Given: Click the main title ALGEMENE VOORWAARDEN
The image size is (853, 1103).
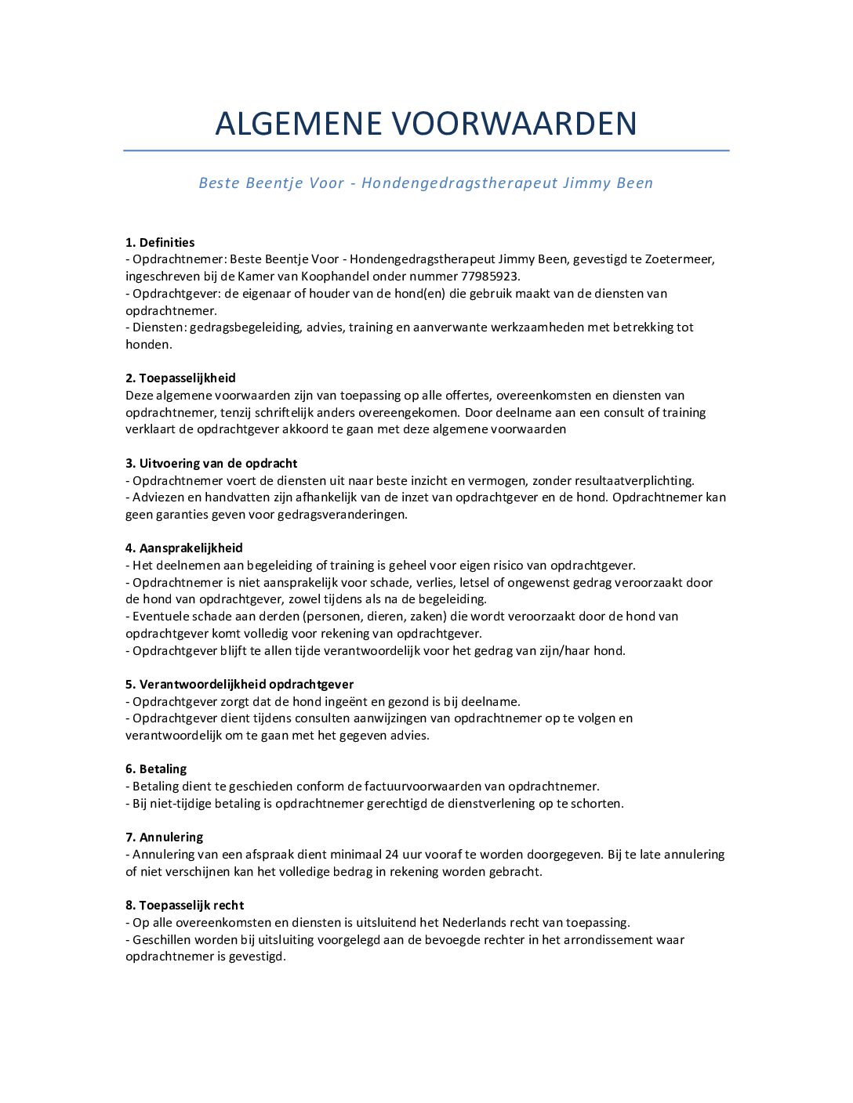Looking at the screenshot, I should [426, 124].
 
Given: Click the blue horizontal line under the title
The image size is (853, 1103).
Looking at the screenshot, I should [426, 150].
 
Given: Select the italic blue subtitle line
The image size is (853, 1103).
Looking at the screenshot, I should [426, 183].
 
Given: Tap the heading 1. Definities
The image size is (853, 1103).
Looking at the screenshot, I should [160, 243].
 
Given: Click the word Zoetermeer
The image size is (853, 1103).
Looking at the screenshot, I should [679, 259].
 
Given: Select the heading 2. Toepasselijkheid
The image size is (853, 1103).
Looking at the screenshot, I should [180, 378].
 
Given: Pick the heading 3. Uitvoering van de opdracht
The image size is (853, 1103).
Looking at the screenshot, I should [211, 464].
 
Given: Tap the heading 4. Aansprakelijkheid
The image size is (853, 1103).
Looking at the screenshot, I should [183, 548].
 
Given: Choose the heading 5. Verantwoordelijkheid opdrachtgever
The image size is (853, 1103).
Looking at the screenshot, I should [239, 685].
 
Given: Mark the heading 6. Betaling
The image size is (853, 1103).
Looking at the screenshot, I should [156, 769].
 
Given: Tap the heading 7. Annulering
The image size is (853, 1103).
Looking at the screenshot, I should [164, 837].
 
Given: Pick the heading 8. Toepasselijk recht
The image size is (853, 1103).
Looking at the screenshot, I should [184, 906].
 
